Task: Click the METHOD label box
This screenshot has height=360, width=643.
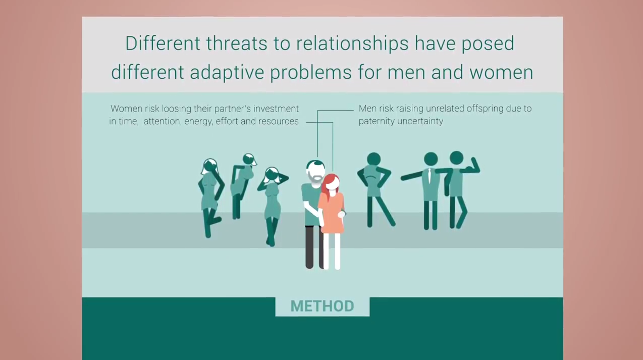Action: [323, 306]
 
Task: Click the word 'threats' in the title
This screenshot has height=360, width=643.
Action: [236, 43]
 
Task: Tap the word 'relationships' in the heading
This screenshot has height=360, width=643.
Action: [352, 44]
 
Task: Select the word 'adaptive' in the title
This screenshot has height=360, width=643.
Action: [227, 72]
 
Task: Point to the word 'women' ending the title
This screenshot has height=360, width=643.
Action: [501, 72]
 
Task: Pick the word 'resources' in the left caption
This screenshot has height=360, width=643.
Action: [279, 122]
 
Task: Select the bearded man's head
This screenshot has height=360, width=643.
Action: [315, 171]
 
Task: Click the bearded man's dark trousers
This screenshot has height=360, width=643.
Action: [313, 247]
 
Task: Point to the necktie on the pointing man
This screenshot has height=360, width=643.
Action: [429, 175]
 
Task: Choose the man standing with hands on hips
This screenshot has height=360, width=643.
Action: [374, 189]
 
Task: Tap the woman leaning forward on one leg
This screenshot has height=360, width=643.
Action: [243, 185]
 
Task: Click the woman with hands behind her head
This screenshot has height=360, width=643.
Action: [272, 206]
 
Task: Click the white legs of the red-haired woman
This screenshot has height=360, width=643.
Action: [333, 251]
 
